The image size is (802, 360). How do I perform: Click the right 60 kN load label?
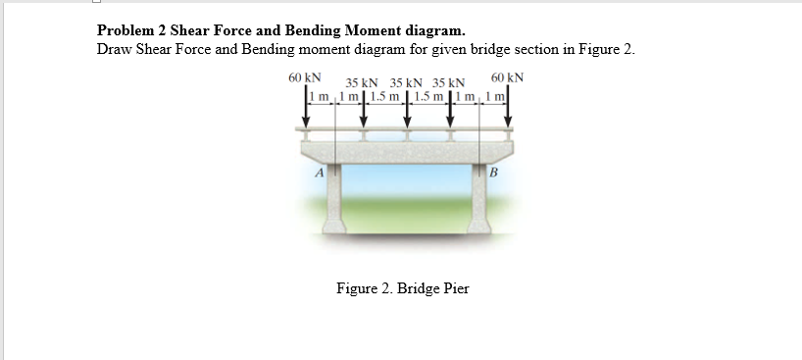pyautogui.click(x=507, y=77)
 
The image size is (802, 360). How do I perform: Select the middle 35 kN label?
pyautogui.click(x=406, y=84)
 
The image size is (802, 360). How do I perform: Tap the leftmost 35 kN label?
pyautogui.click(x=362, y=84)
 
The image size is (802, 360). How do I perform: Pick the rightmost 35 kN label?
pyautogui.click(x=449, y=84)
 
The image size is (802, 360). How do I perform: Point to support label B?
pyautogui.click(x=494, y=174)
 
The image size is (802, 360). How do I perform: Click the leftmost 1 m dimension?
pyautogui.click(x=320, y=96)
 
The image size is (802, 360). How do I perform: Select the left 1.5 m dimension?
pyautogui.click(x=385, y=96)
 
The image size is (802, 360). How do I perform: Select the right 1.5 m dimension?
pyautogui.click(x=428, y=96)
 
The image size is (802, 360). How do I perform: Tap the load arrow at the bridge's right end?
pyautogui.click(x=508, y=113)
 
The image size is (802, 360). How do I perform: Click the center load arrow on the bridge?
pyautogui.click(x=407, y=116)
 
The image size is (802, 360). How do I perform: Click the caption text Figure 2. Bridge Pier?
pyautogui.click(x=402, y=288)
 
